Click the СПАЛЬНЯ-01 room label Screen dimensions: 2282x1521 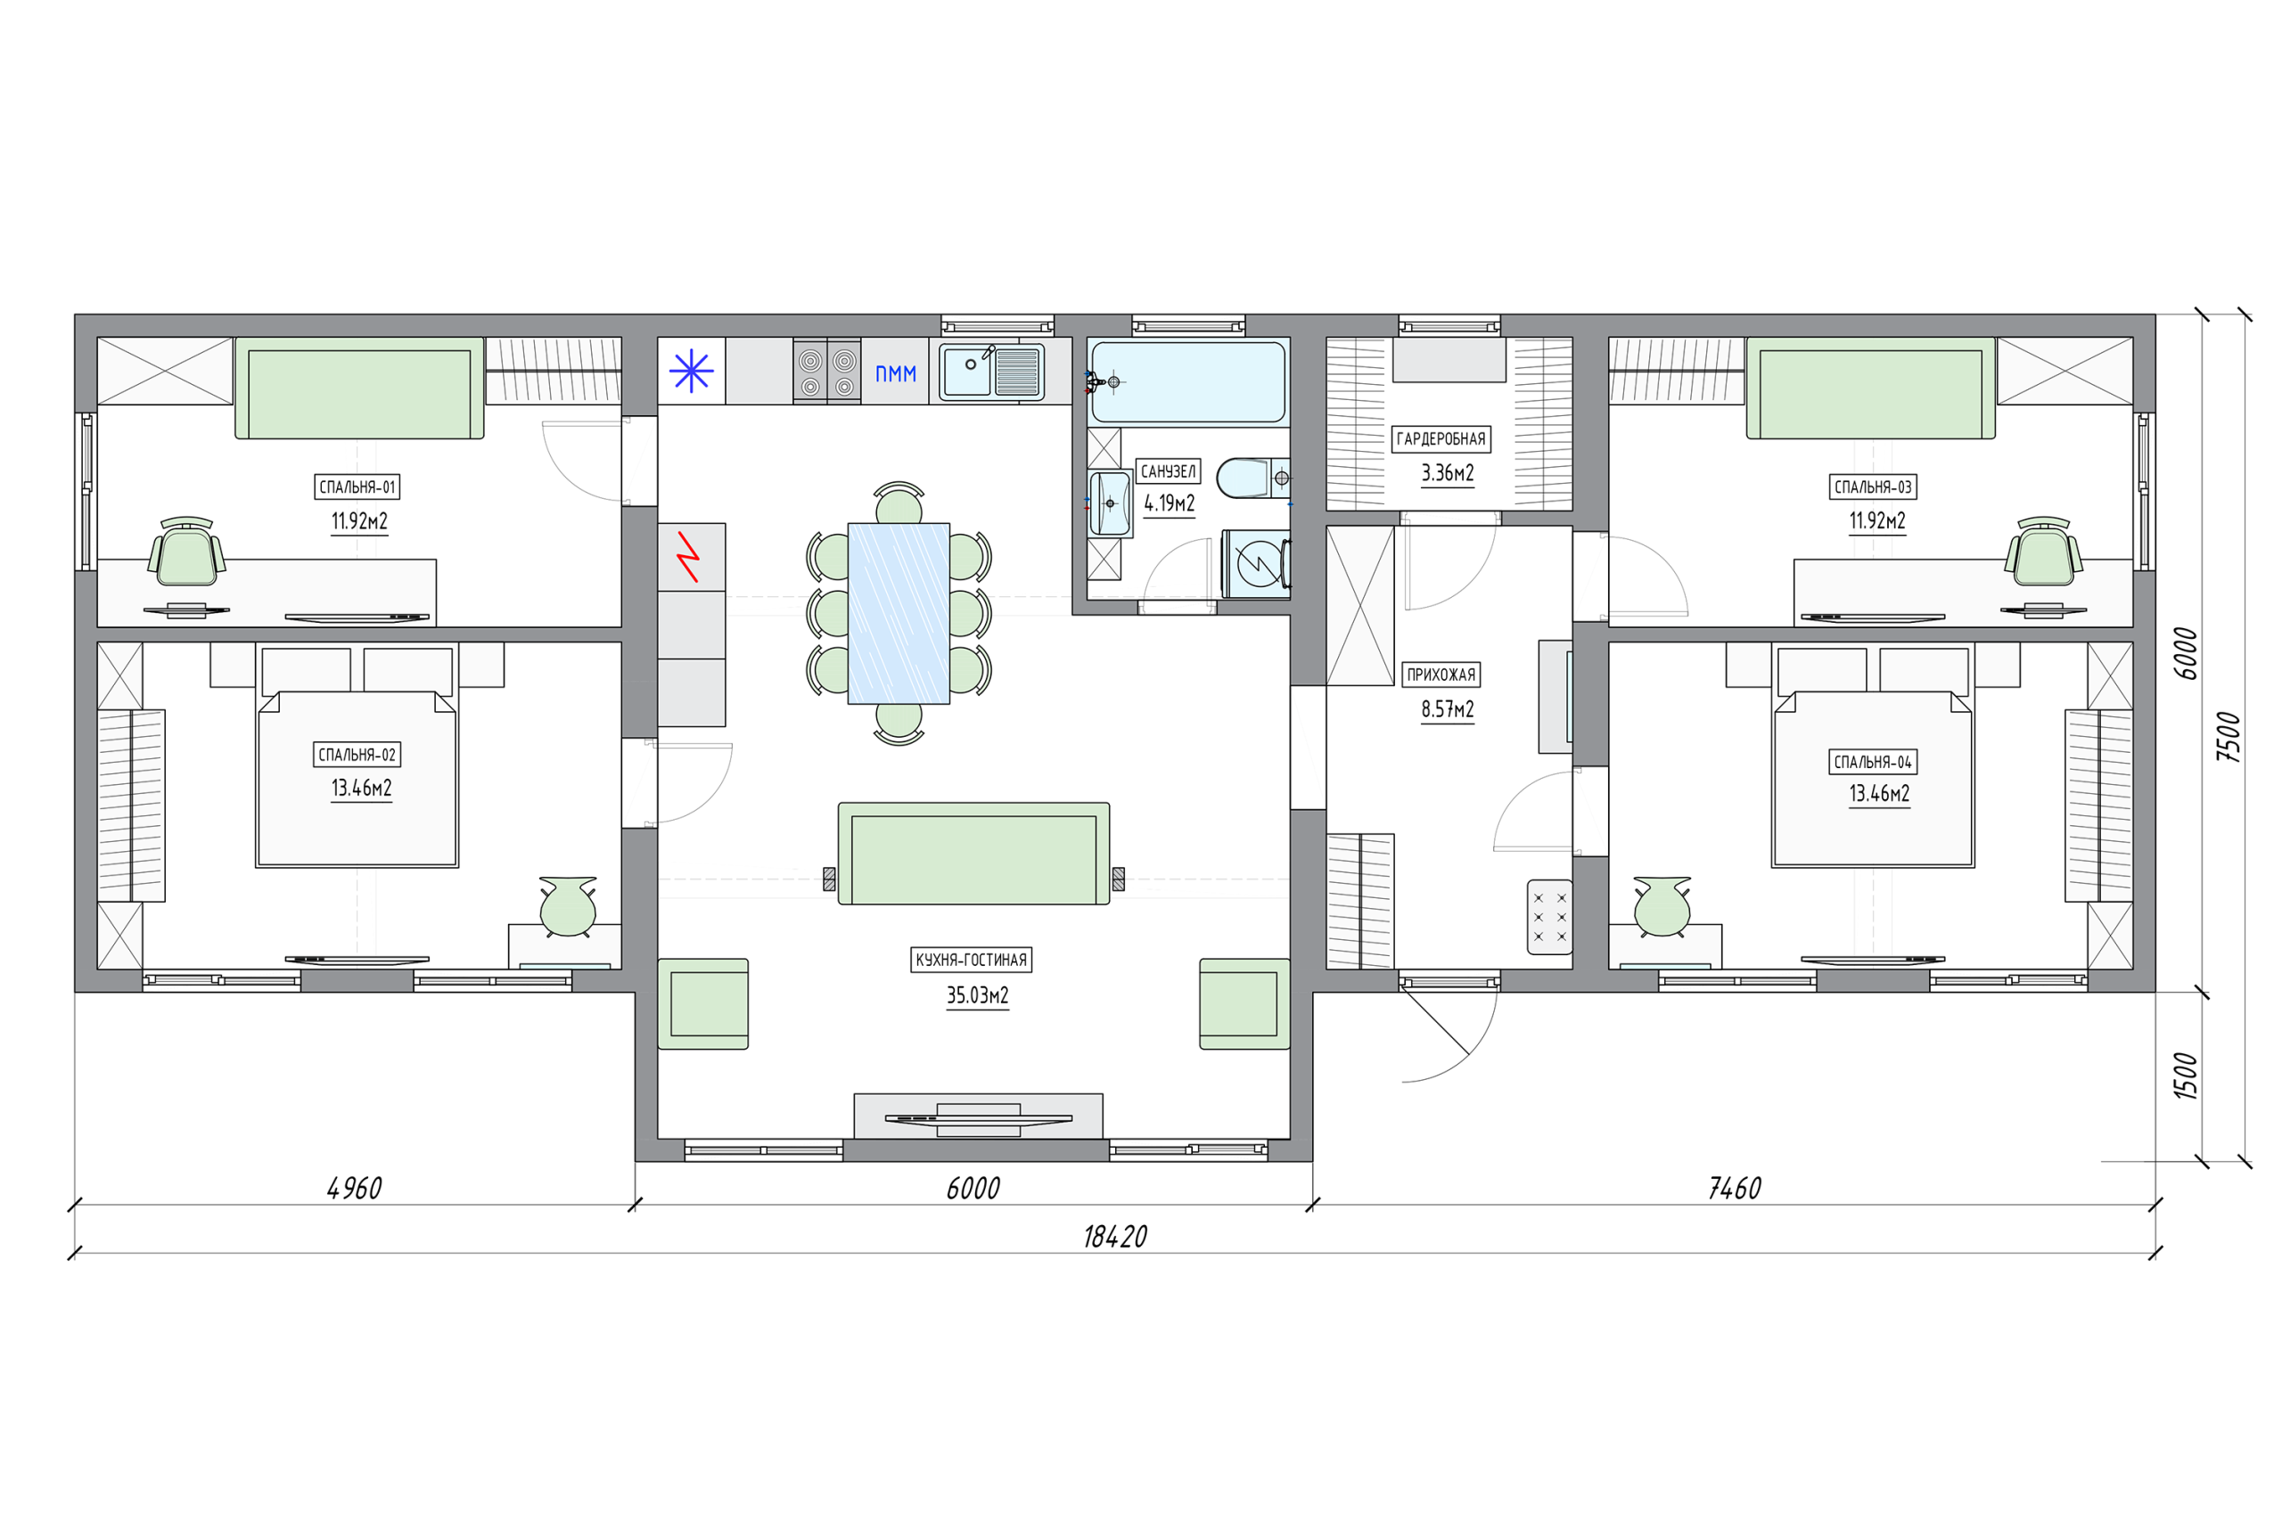[357, 487]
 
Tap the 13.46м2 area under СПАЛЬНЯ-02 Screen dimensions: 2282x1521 [361, 788]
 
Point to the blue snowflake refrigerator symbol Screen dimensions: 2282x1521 [691, 371]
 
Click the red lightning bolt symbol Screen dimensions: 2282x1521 [689, 557]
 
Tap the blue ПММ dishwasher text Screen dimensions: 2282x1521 [896, 373]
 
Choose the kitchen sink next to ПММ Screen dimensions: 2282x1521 [991, 372]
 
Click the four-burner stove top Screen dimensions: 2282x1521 [826, 371]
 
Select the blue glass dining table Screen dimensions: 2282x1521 [899, 613]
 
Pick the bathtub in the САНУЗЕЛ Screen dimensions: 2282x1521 [1188, 381]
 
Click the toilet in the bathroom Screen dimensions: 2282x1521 [1252, 478]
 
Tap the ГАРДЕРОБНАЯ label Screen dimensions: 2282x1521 [1441, 439]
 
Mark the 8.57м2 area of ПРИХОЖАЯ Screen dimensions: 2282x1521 [1448, 709]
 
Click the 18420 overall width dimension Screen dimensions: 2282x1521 [1115, 1237]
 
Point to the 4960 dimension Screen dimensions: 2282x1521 [354, 1189]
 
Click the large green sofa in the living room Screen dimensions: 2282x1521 [973, 854]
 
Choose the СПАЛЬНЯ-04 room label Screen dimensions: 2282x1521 [1873, 763]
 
